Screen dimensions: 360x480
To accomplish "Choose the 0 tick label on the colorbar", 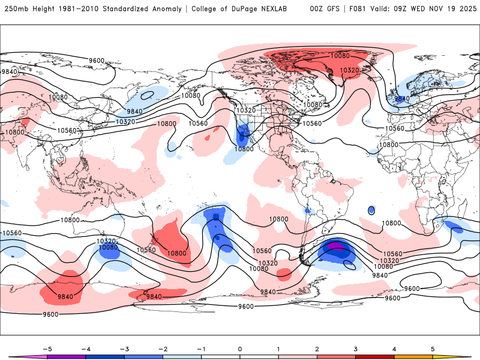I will [239, 348].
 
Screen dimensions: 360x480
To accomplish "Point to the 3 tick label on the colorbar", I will [356, 348].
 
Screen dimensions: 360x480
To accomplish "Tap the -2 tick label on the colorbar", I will [163, 348].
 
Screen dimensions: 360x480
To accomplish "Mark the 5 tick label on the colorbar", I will [433, 348].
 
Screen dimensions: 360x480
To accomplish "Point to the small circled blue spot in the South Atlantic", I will [371, 210].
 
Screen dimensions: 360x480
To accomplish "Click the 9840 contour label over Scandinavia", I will [401, 98].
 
